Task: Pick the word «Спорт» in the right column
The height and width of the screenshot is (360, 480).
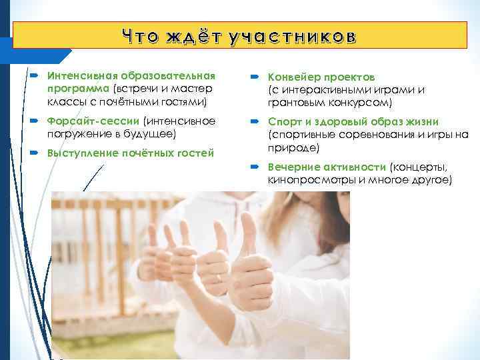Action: tap(283, 122)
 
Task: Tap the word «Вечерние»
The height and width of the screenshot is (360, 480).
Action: tap(293, 167)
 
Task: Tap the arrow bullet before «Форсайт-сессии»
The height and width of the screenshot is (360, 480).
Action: tap(34, 121)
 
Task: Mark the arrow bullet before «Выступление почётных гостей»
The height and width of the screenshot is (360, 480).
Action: tap(34, 153)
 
